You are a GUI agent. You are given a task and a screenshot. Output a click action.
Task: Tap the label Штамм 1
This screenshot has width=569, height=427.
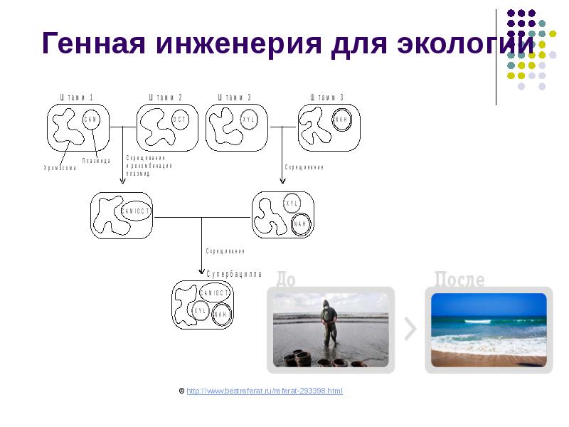pos(77,97)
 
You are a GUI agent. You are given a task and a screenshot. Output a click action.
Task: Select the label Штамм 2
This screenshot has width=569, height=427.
pos(166,97)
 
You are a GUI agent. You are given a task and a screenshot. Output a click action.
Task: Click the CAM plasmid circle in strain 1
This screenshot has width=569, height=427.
pos(91,120)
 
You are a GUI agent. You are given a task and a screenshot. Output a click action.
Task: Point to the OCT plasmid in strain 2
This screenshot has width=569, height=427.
pos(181,120)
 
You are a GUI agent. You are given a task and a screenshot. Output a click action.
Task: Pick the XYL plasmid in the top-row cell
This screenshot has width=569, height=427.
pos(249,120)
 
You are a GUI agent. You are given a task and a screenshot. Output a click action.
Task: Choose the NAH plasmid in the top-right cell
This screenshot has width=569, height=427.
pos(342,120)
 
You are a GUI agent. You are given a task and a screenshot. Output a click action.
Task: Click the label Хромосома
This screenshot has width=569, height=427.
pos(60,168)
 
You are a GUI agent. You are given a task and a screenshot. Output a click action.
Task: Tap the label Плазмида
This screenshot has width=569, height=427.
pos(96,161)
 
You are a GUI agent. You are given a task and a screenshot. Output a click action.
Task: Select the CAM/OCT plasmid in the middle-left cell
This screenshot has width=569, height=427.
pos(136,211)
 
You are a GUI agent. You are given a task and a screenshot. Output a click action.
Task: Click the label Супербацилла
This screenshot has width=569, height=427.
pos(235,274)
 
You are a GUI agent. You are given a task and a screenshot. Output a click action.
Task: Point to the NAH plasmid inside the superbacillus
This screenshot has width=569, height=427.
pos(221,315)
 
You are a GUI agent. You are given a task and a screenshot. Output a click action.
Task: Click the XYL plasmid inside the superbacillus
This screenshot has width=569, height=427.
pos(200,311)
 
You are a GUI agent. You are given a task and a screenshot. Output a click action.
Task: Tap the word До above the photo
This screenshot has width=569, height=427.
pos(286,279)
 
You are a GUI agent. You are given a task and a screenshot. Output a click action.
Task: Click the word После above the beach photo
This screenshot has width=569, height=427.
pos(459,279)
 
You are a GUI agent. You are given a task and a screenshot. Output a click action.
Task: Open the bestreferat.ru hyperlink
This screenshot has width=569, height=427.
pos(265,391)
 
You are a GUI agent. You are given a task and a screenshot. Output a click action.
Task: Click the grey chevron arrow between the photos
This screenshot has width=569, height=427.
pos(410,329)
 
